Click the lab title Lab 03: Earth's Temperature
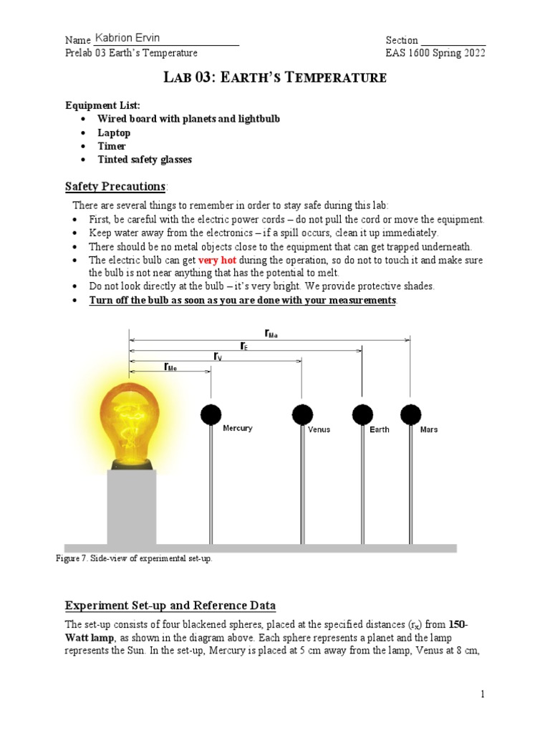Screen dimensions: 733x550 [x=275, y=78]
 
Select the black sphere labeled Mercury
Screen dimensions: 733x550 [x=211, y=414]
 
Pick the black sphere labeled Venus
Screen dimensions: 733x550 [x=302, y=414]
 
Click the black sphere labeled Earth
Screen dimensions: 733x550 [x=362, y=414]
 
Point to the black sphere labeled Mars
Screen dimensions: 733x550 [x=410, y=414]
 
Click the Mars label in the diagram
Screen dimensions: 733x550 [x=429, y=429]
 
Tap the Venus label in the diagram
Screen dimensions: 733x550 [x=319, y=429]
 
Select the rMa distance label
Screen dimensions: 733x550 [x=271, y=333]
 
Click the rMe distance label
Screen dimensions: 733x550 [x=170, y=366]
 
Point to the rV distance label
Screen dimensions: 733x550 [x=217, y=356]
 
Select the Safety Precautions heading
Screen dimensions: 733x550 [x=115, y=186]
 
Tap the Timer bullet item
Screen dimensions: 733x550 [x=112, y=146]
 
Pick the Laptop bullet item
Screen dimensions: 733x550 [x=114, y=132]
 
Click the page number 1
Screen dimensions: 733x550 [x=483, y=694]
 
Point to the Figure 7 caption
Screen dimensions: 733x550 [x=134, y=558]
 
